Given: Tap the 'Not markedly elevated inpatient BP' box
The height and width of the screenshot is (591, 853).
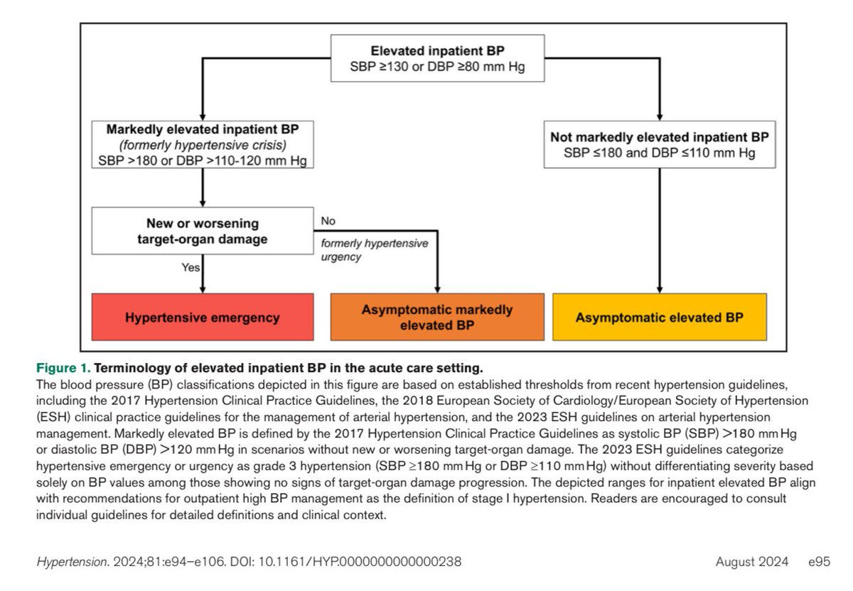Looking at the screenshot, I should (660, 145).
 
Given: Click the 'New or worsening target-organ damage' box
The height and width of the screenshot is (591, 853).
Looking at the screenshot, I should (202, 232).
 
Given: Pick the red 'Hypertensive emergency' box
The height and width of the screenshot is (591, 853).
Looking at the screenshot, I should (202, 318).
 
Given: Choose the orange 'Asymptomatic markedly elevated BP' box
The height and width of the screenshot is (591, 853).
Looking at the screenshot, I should (436, 318).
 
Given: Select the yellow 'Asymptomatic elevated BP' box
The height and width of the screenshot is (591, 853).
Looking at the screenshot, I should (660, 318).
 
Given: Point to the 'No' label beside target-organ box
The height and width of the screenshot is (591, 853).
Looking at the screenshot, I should (329, 221).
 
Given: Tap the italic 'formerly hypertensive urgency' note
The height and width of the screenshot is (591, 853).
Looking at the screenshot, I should (375, 250).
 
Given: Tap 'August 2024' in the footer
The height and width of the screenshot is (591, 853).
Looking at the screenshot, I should (751, 562).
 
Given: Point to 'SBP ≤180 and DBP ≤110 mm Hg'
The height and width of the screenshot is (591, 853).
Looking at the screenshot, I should (660, 153).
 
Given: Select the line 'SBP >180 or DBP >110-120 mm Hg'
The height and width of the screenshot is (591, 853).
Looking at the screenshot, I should (202, 161).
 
